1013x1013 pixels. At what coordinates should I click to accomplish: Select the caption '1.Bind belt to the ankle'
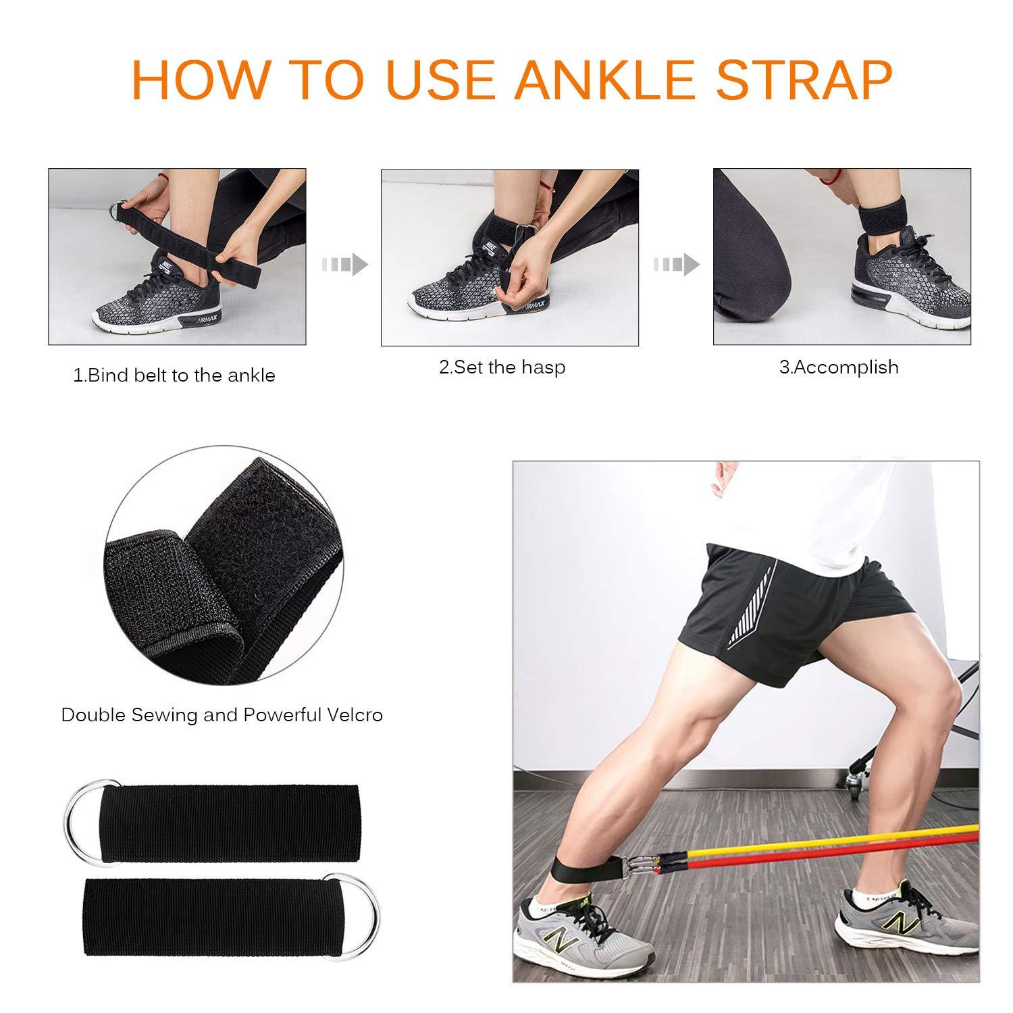point(174,375)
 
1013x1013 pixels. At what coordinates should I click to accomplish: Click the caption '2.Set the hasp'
point(502,367)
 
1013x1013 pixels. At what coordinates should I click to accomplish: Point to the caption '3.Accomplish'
point(839,367)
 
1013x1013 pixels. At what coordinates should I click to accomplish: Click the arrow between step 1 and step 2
point(344,264)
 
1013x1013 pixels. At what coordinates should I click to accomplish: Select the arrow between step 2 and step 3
point(676,264)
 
